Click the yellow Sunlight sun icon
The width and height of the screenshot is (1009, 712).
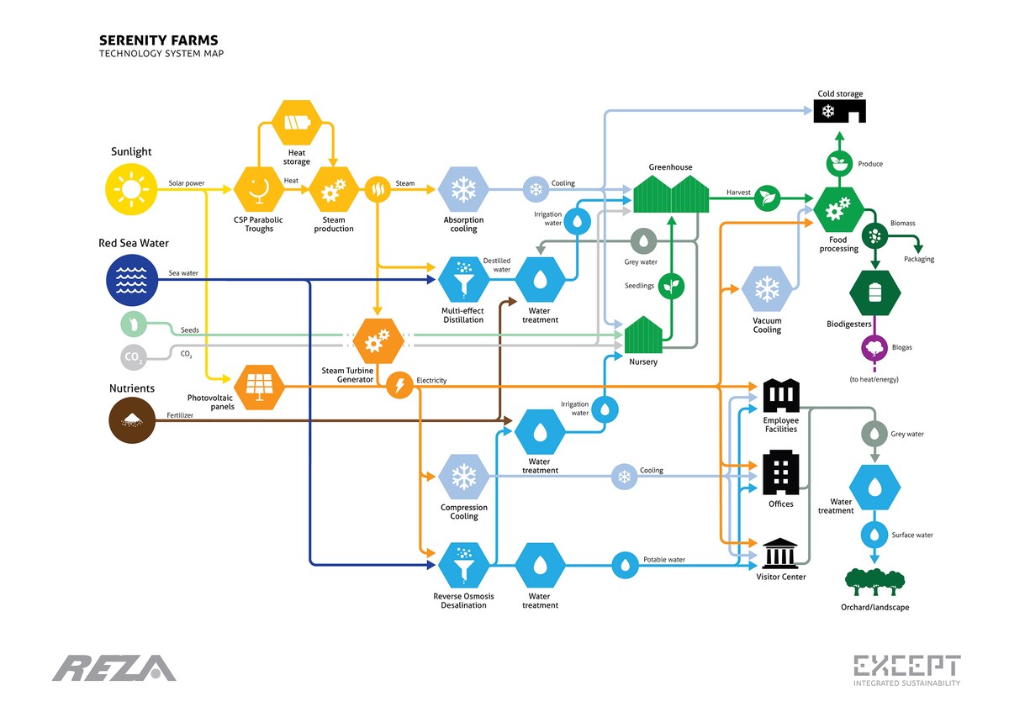132,189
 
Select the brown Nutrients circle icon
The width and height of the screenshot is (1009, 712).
132,419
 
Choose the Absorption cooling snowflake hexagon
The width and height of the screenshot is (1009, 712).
463,189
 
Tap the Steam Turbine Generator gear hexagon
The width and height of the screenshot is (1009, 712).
375,340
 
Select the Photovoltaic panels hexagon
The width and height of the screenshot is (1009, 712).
259,387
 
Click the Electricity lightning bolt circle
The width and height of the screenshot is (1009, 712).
399,385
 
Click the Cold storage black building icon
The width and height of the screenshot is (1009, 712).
838,112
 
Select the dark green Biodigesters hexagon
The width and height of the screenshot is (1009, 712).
875,292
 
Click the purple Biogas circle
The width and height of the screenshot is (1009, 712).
875,348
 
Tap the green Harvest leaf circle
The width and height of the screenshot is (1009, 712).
767,198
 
